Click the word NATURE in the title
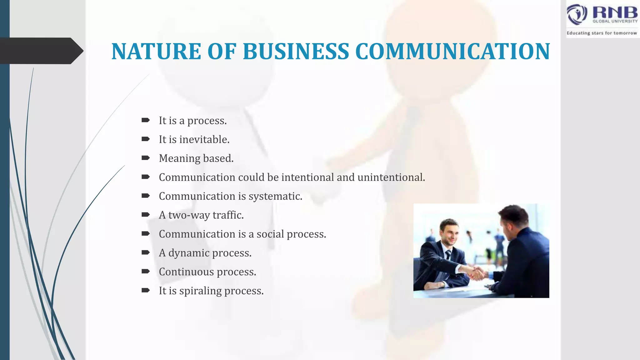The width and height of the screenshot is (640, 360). pyautogui.click(x=156, y=52)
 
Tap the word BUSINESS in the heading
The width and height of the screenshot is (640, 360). pyautogui.click(x=296, y=52)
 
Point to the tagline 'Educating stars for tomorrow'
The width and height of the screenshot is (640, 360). pyautogui.click(x=602, y=33)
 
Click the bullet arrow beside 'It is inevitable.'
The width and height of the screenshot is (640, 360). pyautogui.click(x=145, y=139)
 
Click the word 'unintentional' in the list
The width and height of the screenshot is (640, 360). pyautogui.click(x=391, y=177)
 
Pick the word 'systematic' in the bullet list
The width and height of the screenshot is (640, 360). pyautogui.click(x=275, y=196)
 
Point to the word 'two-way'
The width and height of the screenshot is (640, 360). pyautogui.click(x=189, y=215)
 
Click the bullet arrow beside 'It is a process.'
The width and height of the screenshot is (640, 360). pyautogui.click(x=145, y=120)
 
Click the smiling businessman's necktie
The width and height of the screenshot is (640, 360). pyautogui.click(x=448, y=255)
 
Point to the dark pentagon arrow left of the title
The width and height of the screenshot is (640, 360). pyautogui.click(x=41, y=51)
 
